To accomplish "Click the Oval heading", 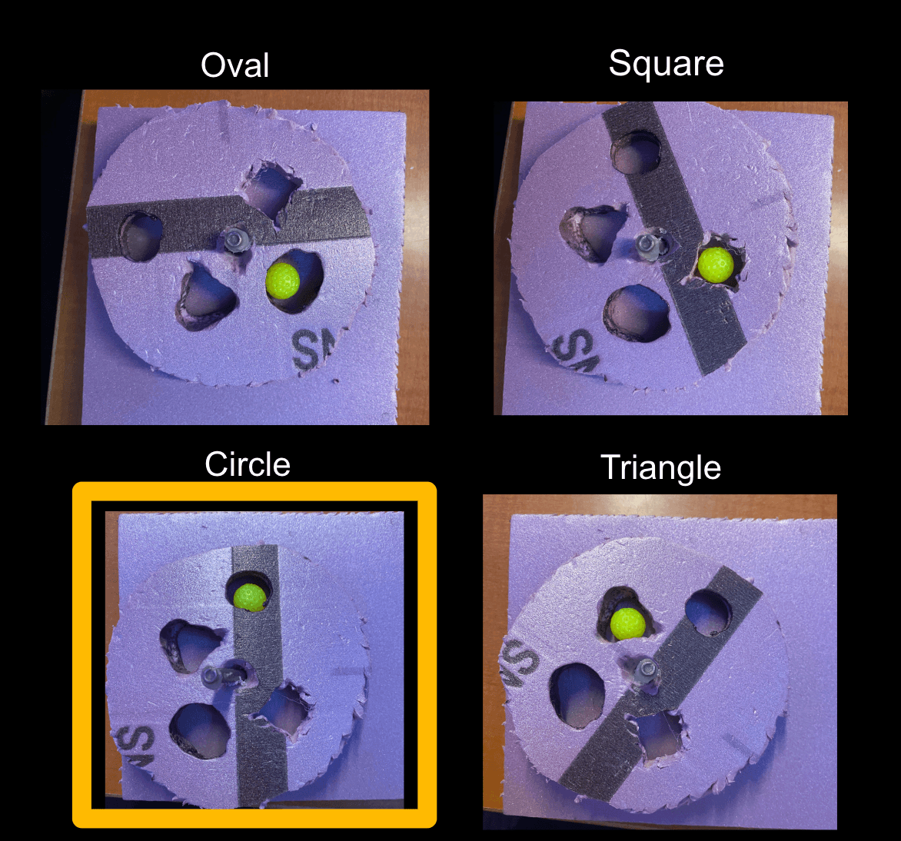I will click(x=234, y=65).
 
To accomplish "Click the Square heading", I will click(x=666, y=63).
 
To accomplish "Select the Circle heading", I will click(x=248, y=464).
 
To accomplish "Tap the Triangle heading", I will click(x=660, y=467).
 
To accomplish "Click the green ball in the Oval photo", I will click(x=282, y=281).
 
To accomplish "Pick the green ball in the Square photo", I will click(x=715, y=264).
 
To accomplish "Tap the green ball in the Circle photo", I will click(x=249, y=597).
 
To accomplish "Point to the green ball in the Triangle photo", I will click(x=627, y=623).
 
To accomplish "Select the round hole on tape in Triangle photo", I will click(x=708, y=611).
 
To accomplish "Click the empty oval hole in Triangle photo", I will click(x=578, y=694).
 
